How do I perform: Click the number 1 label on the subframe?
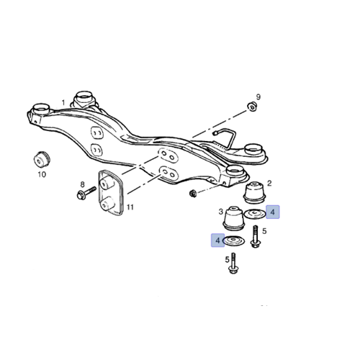click(x=63, y=103)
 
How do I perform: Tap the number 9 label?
click(x=258, y=97)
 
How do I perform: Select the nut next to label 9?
click(x=252, y=107)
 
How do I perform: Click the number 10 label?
click(x=42, y=174)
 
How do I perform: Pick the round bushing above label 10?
click(x=42, y=159)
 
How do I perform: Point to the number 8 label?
click(x=82, y=184)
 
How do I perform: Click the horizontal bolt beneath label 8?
click(x=86, y=193)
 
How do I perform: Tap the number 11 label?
click(x=130, y=207)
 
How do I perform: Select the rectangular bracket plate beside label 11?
click(x=110, y=193)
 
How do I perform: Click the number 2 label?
click(x=269, y=184)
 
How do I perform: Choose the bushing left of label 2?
click(x=254, y=192)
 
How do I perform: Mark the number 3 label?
click(x=221, y=212)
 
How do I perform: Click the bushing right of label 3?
click(x=234, y=218)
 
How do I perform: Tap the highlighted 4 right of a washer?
click(x=273, y=212)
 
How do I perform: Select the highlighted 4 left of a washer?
click(x=217, y=240)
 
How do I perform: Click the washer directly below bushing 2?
click(x=255, y=214)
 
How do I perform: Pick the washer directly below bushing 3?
click(x=234, y=241)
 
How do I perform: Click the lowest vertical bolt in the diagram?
click(x=233, y=264)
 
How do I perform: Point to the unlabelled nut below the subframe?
click(x=192, y=193)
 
